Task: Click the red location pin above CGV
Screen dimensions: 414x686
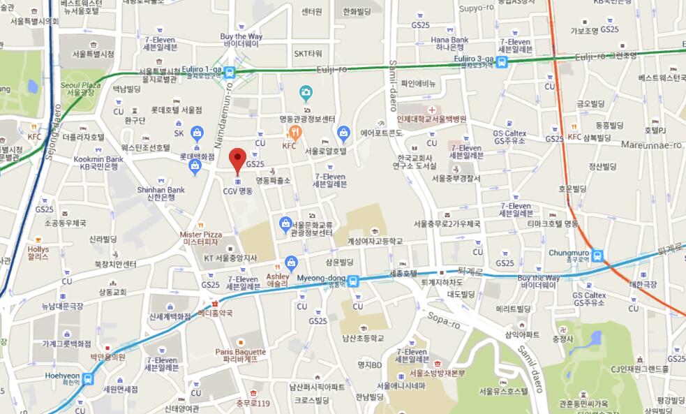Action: (x=237, y=160)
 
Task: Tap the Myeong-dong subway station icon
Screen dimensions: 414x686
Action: (x=354, y=281)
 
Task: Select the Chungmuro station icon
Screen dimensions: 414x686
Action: (x=597, y=256)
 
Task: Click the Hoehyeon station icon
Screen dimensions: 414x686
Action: (x=88, y=379)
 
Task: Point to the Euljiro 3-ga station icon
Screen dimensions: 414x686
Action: (x=502, y=62)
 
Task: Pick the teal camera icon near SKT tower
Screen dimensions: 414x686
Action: (x=305, y=91)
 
